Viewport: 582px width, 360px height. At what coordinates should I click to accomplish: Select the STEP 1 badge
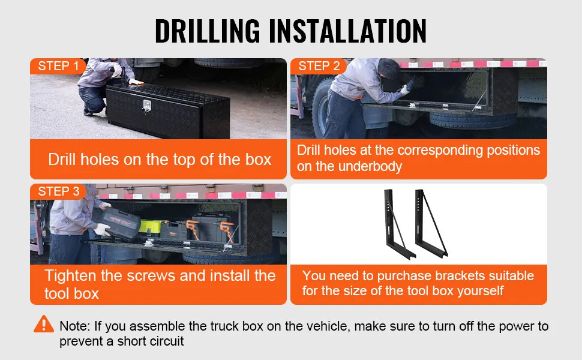point(58,66)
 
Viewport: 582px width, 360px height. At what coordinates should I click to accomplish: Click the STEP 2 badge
point(319,66)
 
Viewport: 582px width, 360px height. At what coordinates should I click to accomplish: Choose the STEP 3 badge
point(58,191)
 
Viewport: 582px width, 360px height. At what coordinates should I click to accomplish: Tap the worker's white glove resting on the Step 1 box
point(136,82)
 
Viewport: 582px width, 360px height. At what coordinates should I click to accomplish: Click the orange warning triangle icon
point(44,325)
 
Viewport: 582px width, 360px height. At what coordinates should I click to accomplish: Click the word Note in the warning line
point(74,326)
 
